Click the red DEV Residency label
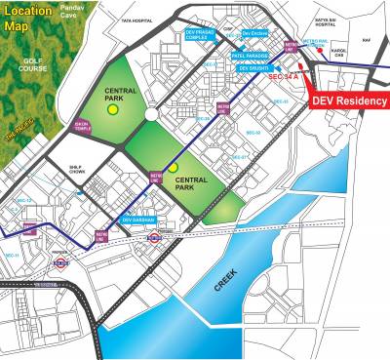(x=348, y=100)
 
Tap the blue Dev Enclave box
(x=253, y=32)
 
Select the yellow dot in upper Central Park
(x=113, y=110)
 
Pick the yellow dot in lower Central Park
(x=173, y=168)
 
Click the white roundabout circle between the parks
(x=152, y=114)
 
